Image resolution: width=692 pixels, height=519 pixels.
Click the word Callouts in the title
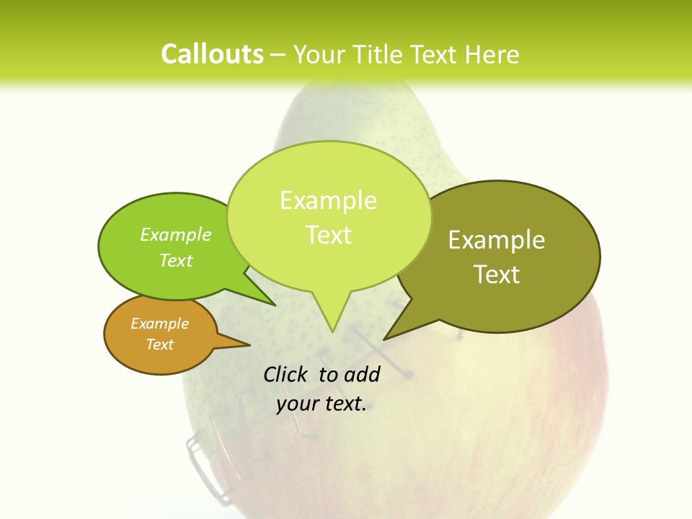(x=212, y=54)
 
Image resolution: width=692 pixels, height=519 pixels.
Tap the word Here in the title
(x=489, y=54)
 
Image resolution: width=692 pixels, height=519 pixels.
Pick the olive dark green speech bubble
(x=505, y=256)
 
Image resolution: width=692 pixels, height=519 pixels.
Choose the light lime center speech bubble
(x=329, y=216)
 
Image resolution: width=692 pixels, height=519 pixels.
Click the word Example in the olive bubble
(x=497, y=240)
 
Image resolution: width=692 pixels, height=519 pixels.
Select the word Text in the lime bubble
(x=329, y=235)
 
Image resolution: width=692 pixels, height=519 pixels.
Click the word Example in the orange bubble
(x=159, y=324)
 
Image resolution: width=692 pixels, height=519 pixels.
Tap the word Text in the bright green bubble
(x=176, y=261)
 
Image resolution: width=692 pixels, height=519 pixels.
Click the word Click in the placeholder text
(x=286, y=374)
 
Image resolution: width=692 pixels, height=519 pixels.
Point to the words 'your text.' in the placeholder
(x=321, y=404)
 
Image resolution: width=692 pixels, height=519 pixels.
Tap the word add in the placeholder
(x=362, y=374)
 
